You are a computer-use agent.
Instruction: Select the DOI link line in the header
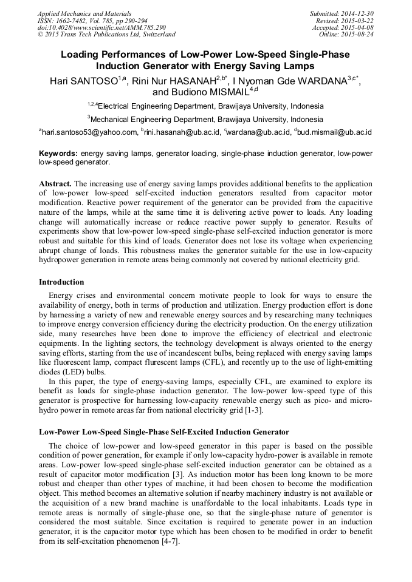tap(101, 27)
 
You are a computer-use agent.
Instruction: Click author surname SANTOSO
tap(91, 81)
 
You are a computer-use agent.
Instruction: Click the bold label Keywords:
tap(58, 154)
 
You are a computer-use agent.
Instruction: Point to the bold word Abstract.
tap(55, 183)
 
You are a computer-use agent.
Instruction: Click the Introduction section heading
tap(61, 282)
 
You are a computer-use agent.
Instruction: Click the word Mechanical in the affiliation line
tap(115, 120)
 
